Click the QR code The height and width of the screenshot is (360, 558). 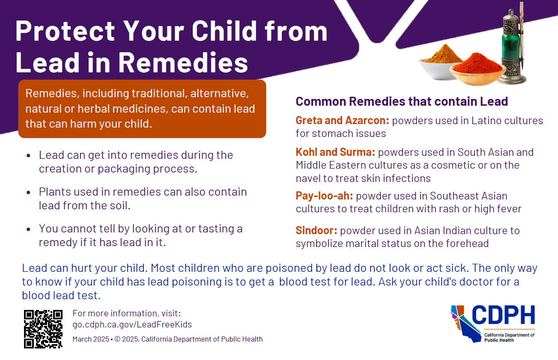coord(43,329)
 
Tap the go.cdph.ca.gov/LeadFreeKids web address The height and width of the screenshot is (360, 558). coord(132,324)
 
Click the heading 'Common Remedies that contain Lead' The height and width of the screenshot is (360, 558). coord(401,101)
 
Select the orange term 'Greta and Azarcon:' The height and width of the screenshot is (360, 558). coord(342,120)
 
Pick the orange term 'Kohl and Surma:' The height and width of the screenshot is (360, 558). coord(335,152)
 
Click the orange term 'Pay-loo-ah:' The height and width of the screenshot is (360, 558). coord(324,196)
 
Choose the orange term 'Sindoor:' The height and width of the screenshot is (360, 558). coord(316,230)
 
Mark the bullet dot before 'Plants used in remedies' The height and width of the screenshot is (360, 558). coord(28,192)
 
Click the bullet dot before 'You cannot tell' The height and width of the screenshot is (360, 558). coord(28,229)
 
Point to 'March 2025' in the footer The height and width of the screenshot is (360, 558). coord(91,339)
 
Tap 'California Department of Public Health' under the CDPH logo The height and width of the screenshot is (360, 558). coord(509,337)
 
